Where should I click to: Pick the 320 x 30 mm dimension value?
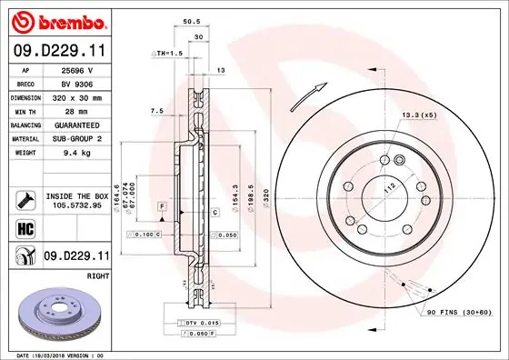click(x=78, y=96)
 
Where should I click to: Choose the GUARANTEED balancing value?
click(x=79, y=124)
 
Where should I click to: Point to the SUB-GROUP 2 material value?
click(x=79, y=137)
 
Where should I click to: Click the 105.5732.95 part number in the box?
click(x=77, y=205)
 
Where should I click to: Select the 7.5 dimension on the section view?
click(x=155, y=111)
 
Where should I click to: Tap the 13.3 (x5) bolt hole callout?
click(x=418, y=115)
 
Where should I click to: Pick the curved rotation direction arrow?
click(x=310, y=94)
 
